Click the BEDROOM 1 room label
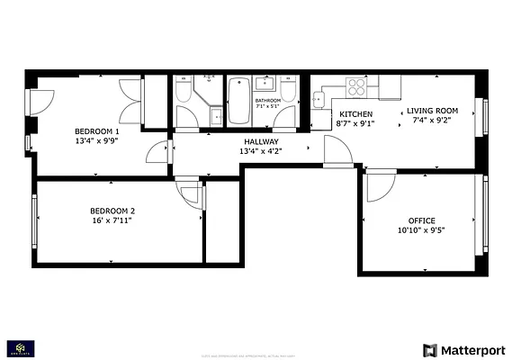pos(96,131)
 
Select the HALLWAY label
pos(261,141)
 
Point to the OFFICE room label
pos(421,220)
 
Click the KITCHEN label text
pos(355,113)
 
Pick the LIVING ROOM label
pos(427,112)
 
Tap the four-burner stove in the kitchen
pos(357,86)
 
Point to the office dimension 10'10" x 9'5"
pos(421,230)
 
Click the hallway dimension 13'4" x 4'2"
pos(261,151)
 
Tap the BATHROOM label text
pos(268,100)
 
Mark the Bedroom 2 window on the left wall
pos(35,219)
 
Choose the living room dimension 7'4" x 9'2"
pos(427,121)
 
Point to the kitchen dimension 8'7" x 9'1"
pos(355,123)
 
